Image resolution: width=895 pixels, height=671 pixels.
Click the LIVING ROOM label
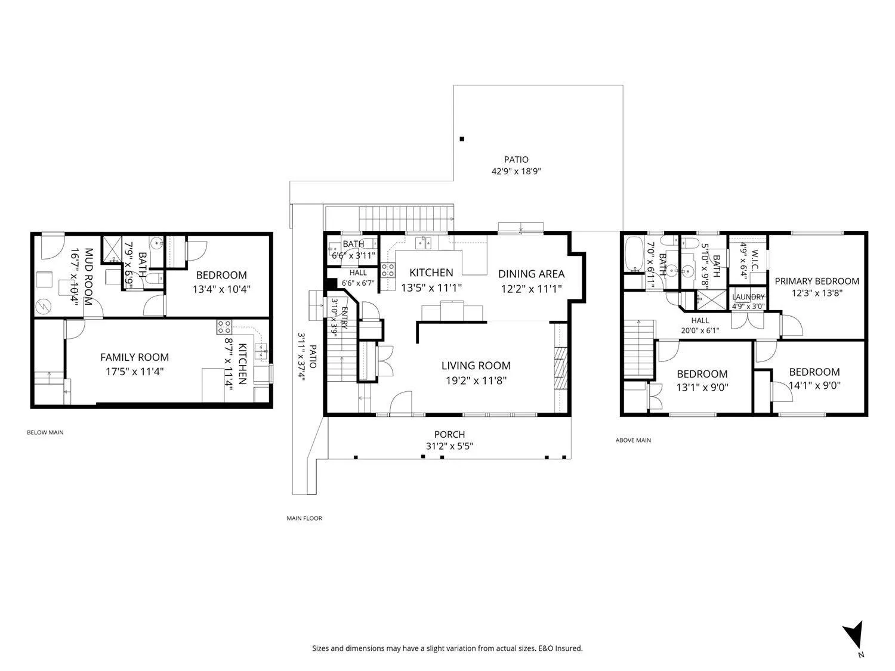[x=476, y=366]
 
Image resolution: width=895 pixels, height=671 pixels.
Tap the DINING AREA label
[x=531, y=274]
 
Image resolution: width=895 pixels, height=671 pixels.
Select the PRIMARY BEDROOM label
[x=817, y=281]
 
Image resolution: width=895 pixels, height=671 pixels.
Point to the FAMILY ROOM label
[x=135, y=357]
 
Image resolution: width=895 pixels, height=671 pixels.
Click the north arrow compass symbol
[x=854, y=639]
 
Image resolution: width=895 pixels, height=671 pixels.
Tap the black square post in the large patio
[x=462, y=139]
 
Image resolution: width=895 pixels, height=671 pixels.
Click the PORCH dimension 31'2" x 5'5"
[x=449, y=446]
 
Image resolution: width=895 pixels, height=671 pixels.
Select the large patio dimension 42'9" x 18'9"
[x=516, y=171]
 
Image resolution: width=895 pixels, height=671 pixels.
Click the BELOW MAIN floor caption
[x=45, y=432]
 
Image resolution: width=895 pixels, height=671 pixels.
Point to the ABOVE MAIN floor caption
[x=633, y=440]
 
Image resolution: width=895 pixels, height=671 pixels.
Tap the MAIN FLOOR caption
[x=304, y=518]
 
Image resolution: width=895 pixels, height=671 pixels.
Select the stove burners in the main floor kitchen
[x=388, y=271]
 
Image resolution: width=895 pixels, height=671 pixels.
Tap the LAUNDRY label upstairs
[x=748, y=297]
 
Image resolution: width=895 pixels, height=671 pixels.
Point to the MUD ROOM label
[x=88, y=277]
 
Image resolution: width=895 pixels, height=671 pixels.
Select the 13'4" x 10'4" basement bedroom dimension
[x=221, y=289]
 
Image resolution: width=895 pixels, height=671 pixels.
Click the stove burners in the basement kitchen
[x=224, y=327]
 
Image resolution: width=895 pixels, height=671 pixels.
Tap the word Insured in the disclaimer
[x=569, y=648]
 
